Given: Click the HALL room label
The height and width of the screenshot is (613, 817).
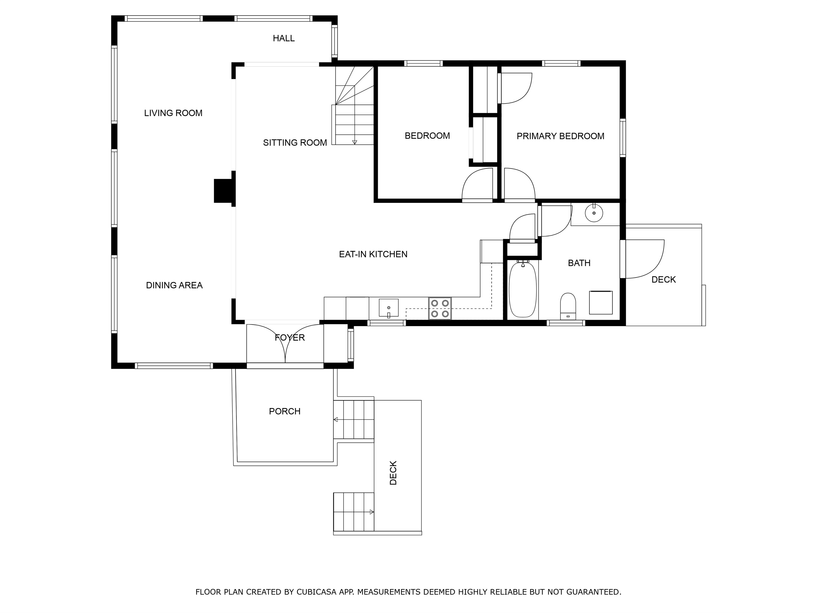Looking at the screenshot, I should point(284,39).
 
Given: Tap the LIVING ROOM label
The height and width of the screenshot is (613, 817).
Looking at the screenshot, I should point(173,113).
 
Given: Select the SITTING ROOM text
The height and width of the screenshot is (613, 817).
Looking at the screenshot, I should point(295,143).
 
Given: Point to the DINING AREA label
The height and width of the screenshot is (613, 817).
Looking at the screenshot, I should point(174,285).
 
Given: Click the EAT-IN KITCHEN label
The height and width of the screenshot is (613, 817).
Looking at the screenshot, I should point(373,254).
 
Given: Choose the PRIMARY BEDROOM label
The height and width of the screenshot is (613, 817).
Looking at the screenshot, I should point(560,136).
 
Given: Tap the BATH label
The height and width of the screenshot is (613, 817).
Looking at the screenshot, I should point(579,263).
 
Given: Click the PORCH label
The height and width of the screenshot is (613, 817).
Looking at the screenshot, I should point(285,411).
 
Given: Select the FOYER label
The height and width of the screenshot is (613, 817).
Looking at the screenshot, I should point(290,337).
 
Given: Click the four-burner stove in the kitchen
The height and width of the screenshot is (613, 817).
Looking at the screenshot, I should point(440,309).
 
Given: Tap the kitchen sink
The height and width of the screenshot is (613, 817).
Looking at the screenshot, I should point(389,308).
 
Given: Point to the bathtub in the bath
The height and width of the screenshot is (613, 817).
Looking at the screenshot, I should point(523,290).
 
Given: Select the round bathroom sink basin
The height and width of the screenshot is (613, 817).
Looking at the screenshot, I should point(594,213).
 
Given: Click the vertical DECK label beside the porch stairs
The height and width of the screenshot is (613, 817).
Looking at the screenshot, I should point(393,473).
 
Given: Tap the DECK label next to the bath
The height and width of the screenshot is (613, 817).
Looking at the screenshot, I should point(663,280).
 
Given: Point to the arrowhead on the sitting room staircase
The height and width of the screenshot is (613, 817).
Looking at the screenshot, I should point(355,142).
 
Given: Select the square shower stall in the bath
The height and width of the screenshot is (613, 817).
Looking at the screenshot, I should point(601,303).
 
